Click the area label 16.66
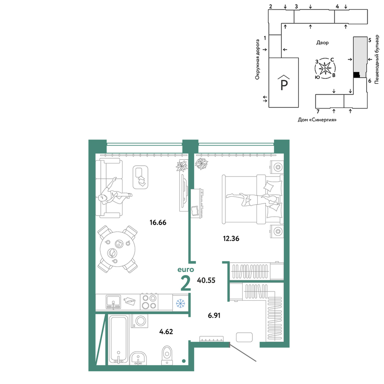pos(158,222)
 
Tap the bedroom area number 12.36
pos(231,238)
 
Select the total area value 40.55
pos(206,280)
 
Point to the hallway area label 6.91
pos(214,315)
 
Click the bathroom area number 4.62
pos(166,332)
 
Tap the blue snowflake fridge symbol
pos(180,303)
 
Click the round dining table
pos(118,249)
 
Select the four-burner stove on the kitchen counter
pos(149,302)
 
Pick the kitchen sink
pos(113,302)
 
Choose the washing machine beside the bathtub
pos(140,321)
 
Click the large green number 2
pos(185,283)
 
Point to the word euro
pos(185,270)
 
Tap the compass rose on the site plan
pos(325,68)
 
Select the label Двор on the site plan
pos(322,43)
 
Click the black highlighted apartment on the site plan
pos(357,75)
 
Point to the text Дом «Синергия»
pos(317,120)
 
